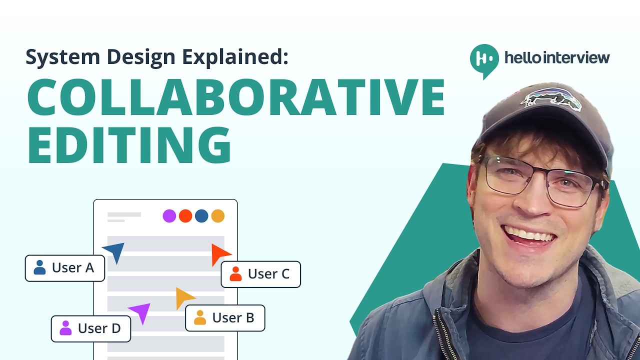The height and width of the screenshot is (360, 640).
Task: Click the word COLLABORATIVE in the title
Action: [x=235, y=97]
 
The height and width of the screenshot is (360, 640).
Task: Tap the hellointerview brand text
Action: [x=557, y=57]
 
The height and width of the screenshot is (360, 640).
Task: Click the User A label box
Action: [x=65, y=268]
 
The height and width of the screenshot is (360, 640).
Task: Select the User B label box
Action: [x=225, y=318]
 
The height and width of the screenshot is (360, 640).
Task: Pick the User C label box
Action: [x=260, y=274]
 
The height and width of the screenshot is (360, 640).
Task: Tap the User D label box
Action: [x=91, y=328]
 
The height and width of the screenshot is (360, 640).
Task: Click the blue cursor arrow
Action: [x=115, y=251]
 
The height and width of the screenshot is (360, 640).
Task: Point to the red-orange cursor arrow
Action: [x=219, y=253]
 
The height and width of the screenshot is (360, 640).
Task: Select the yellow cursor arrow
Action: [x=183, y=298]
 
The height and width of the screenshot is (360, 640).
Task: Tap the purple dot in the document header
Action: [x=169, y=216]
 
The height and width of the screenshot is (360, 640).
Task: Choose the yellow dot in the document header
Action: [x=217, y=216]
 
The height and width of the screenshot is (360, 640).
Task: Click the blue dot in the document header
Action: [x=201, y=216]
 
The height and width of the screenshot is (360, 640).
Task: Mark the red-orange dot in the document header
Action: [x=185, y=216]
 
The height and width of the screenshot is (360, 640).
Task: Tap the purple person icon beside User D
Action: [x=65, y=328]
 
